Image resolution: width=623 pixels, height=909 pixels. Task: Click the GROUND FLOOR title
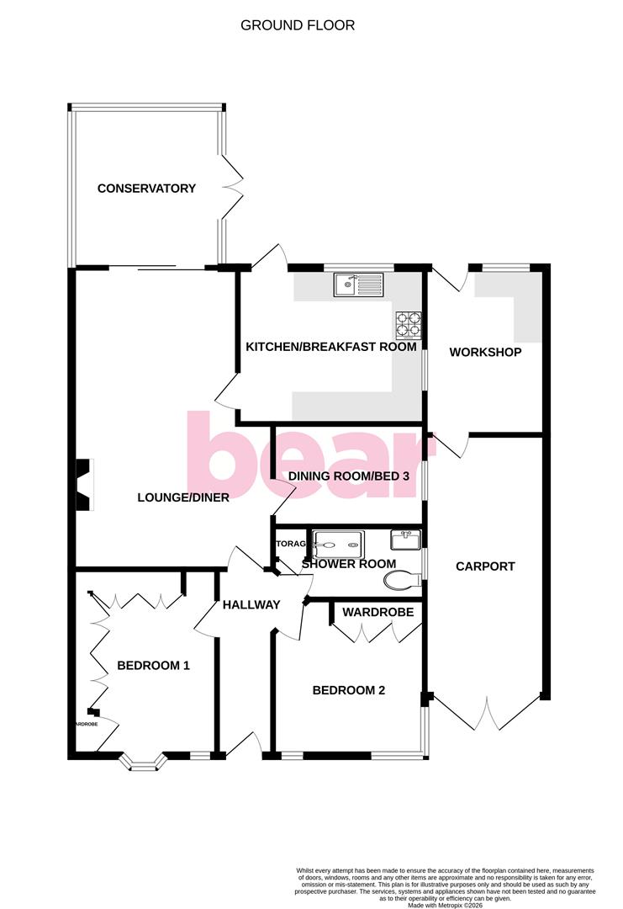point(298,25)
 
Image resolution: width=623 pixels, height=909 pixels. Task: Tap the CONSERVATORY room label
point(146,189)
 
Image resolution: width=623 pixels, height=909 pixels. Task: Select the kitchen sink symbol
point(358,285)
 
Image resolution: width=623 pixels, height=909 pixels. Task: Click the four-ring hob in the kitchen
point(409,323)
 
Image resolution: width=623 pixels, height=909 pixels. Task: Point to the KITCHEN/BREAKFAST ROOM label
point(330,347)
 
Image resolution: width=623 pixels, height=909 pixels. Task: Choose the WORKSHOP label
point(485,352)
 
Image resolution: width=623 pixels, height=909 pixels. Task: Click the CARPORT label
point(485,566)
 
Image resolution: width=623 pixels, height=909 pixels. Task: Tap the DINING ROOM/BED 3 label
point(348,476)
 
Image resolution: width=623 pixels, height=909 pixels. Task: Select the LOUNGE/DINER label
point(183,497)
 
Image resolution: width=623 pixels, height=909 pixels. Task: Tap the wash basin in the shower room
point(405,539)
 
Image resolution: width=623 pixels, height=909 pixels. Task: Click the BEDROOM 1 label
point(153,666)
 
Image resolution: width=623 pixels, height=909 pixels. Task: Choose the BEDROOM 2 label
point(348,691)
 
